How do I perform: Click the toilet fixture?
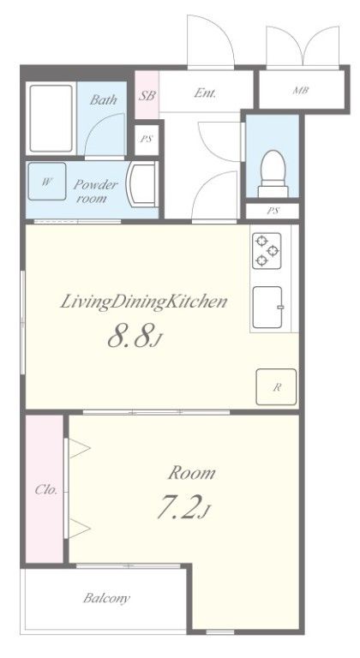point(273,173)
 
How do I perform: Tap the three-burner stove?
point(267,250)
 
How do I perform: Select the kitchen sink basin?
point(267,308)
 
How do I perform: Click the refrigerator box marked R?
point(276,387)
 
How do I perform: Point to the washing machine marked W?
point(46,182)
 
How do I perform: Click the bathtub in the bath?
point(51,118)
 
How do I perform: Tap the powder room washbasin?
point(142,184)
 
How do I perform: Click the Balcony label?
point(106,598)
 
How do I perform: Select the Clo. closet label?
point(45,489)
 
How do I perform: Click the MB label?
point(301,90)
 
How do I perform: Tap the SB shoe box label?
point(147,96)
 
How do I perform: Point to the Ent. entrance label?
point(205,93)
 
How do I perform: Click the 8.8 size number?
point(129,337)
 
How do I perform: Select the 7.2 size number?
point(178,507)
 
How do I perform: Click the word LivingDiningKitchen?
point(144,302)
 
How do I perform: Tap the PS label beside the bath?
point(147,140)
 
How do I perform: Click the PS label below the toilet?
point(273,211)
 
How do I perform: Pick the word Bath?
point(104,100)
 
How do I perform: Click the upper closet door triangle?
point(80,448)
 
